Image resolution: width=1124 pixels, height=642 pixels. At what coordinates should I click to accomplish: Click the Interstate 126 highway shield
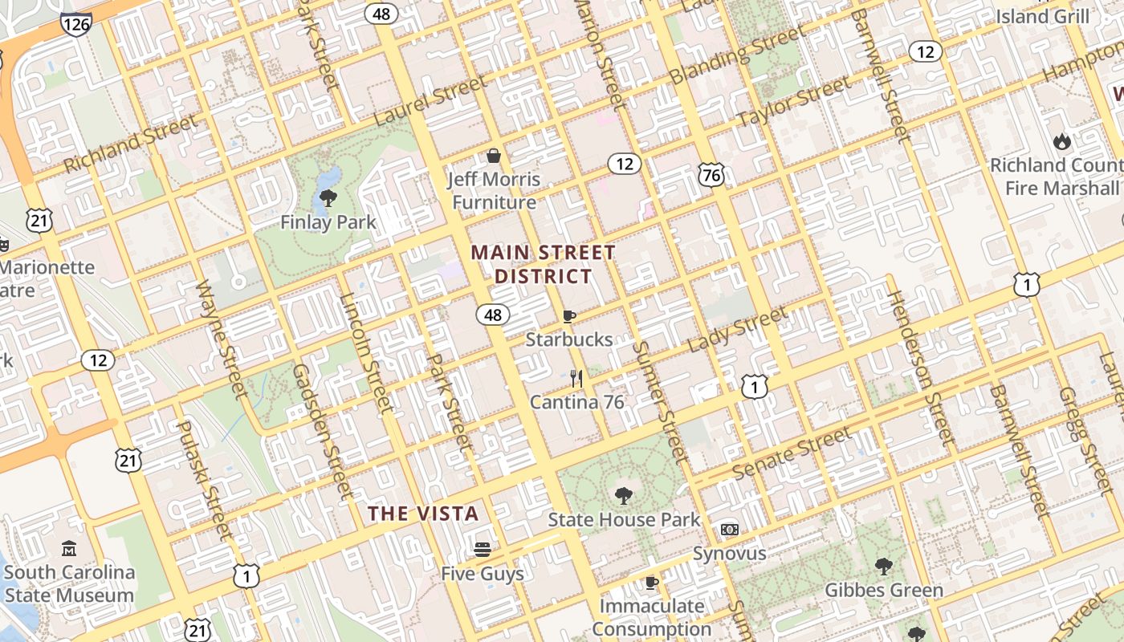75,23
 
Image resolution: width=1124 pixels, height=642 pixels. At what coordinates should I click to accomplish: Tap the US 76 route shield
711,176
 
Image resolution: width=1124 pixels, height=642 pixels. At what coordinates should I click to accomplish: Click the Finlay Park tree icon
328,197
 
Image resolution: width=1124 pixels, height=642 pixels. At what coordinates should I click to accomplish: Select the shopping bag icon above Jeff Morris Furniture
494,156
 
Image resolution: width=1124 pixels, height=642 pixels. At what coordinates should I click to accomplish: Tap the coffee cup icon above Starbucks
569,316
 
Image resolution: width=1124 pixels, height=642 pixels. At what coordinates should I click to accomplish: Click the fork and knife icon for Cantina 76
576,378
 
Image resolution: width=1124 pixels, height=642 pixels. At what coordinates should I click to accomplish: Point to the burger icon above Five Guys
482,550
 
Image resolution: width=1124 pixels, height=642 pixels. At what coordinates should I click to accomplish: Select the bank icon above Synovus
729,530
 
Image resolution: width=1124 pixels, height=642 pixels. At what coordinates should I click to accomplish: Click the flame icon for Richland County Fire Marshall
1062,142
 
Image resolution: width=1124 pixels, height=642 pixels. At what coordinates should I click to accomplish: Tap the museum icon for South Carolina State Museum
69,549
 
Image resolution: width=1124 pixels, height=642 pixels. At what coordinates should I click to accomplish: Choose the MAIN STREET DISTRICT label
543,265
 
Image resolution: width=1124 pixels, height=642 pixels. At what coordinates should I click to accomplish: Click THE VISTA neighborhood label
423,514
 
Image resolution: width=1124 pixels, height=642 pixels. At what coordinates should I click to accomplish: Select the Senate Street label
792,454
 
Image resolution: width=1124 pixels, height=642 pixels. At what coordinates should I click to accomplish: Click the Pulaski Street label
204,479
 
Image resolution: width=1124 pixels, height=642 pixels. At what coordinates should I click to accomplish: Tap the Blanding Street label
738,55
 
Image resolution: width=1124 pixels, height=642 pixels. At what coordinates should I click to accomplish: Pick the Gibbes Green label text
884,591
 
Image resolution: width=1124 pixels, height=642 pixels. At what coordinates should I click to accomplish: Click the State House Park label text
624,520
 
